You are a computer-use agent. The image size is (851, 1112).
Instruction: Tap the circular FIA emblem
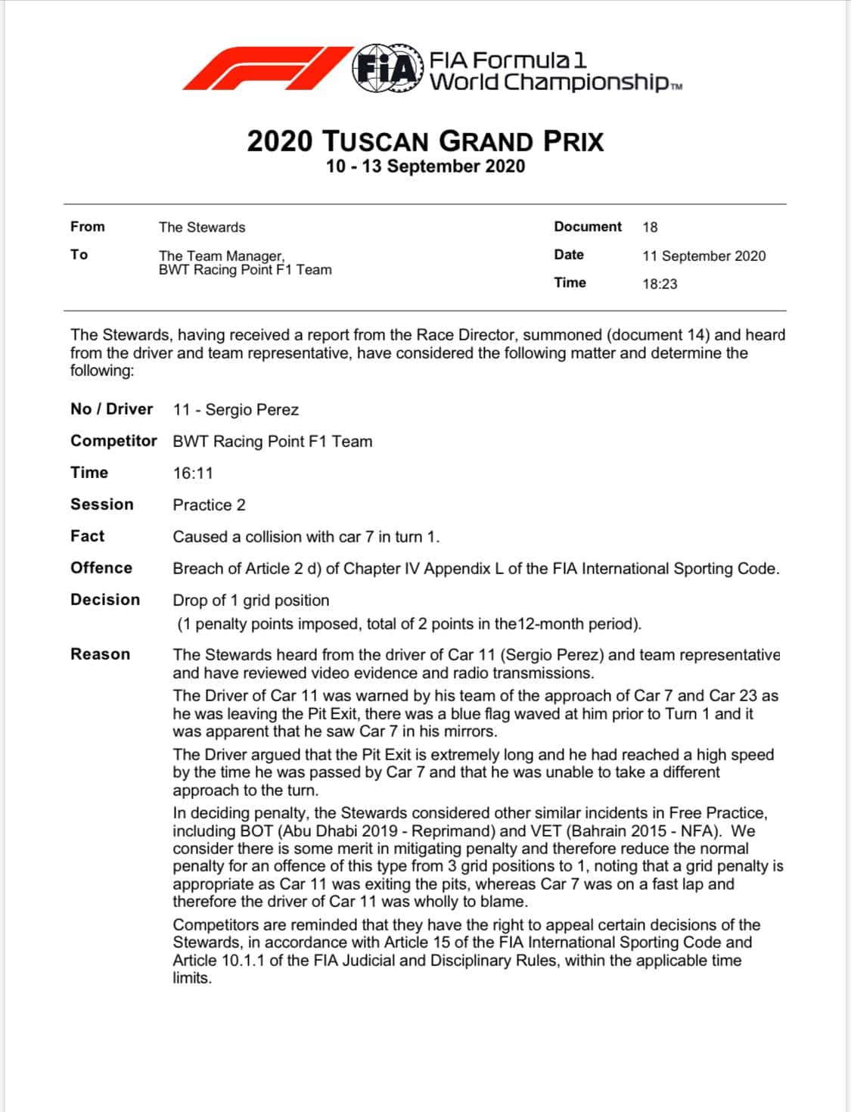[387, 69]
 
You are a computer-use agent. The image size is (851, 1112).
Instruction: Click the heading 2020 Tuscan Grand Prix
[425, 141]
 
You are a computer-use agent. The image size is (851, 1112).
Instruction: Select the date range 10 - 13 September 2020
[425, 166]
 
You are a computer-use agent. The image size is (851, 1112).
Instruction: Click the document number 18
[650, 227]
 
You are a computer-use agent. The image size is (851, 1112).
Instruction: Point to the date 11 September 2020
[703, 256]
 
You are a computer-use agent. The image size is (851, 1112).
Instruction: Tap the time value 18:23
[660, 284]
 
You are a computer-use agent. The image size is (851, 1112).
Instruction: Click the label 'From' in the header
[88, 227]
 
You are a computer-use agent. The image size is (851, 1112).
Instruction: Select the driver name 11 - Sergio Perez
[235, 410]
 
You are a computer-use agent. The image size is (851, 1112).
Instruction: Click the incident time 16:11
[193, 474]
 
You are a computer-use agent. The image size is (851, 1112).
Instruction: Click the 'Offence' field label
[101, 568]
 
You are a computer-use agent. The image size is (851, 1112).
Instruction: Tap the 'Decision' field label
[105, 600]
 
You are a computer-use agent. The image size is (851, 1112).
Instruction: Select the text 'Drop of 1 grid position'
[250, 601]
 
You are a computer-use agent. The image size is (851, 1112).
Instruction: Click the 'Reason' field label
[100, 654]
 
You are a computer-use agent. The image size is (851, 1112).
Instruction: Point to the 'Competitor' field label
[113, 441]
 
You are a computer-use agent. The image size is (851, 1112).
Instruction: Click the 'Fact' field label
[88, 536]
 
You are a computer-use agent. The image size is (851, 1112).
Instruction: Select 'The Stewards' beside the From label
[202, 228]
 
